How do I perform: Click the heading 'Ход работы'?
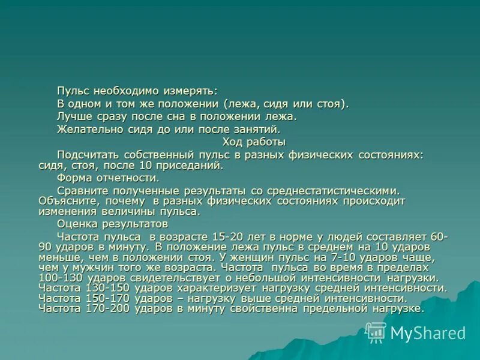[254, 142]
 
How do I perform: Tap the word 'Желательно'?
[82, 128]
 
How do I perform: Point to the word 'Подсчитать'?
[86, 155]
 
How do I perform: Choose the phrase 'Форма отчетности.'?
[108, 178]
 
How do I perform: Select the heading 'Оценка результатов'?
[113, 224]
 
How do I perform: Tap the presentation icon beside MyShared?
[376, 332]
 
